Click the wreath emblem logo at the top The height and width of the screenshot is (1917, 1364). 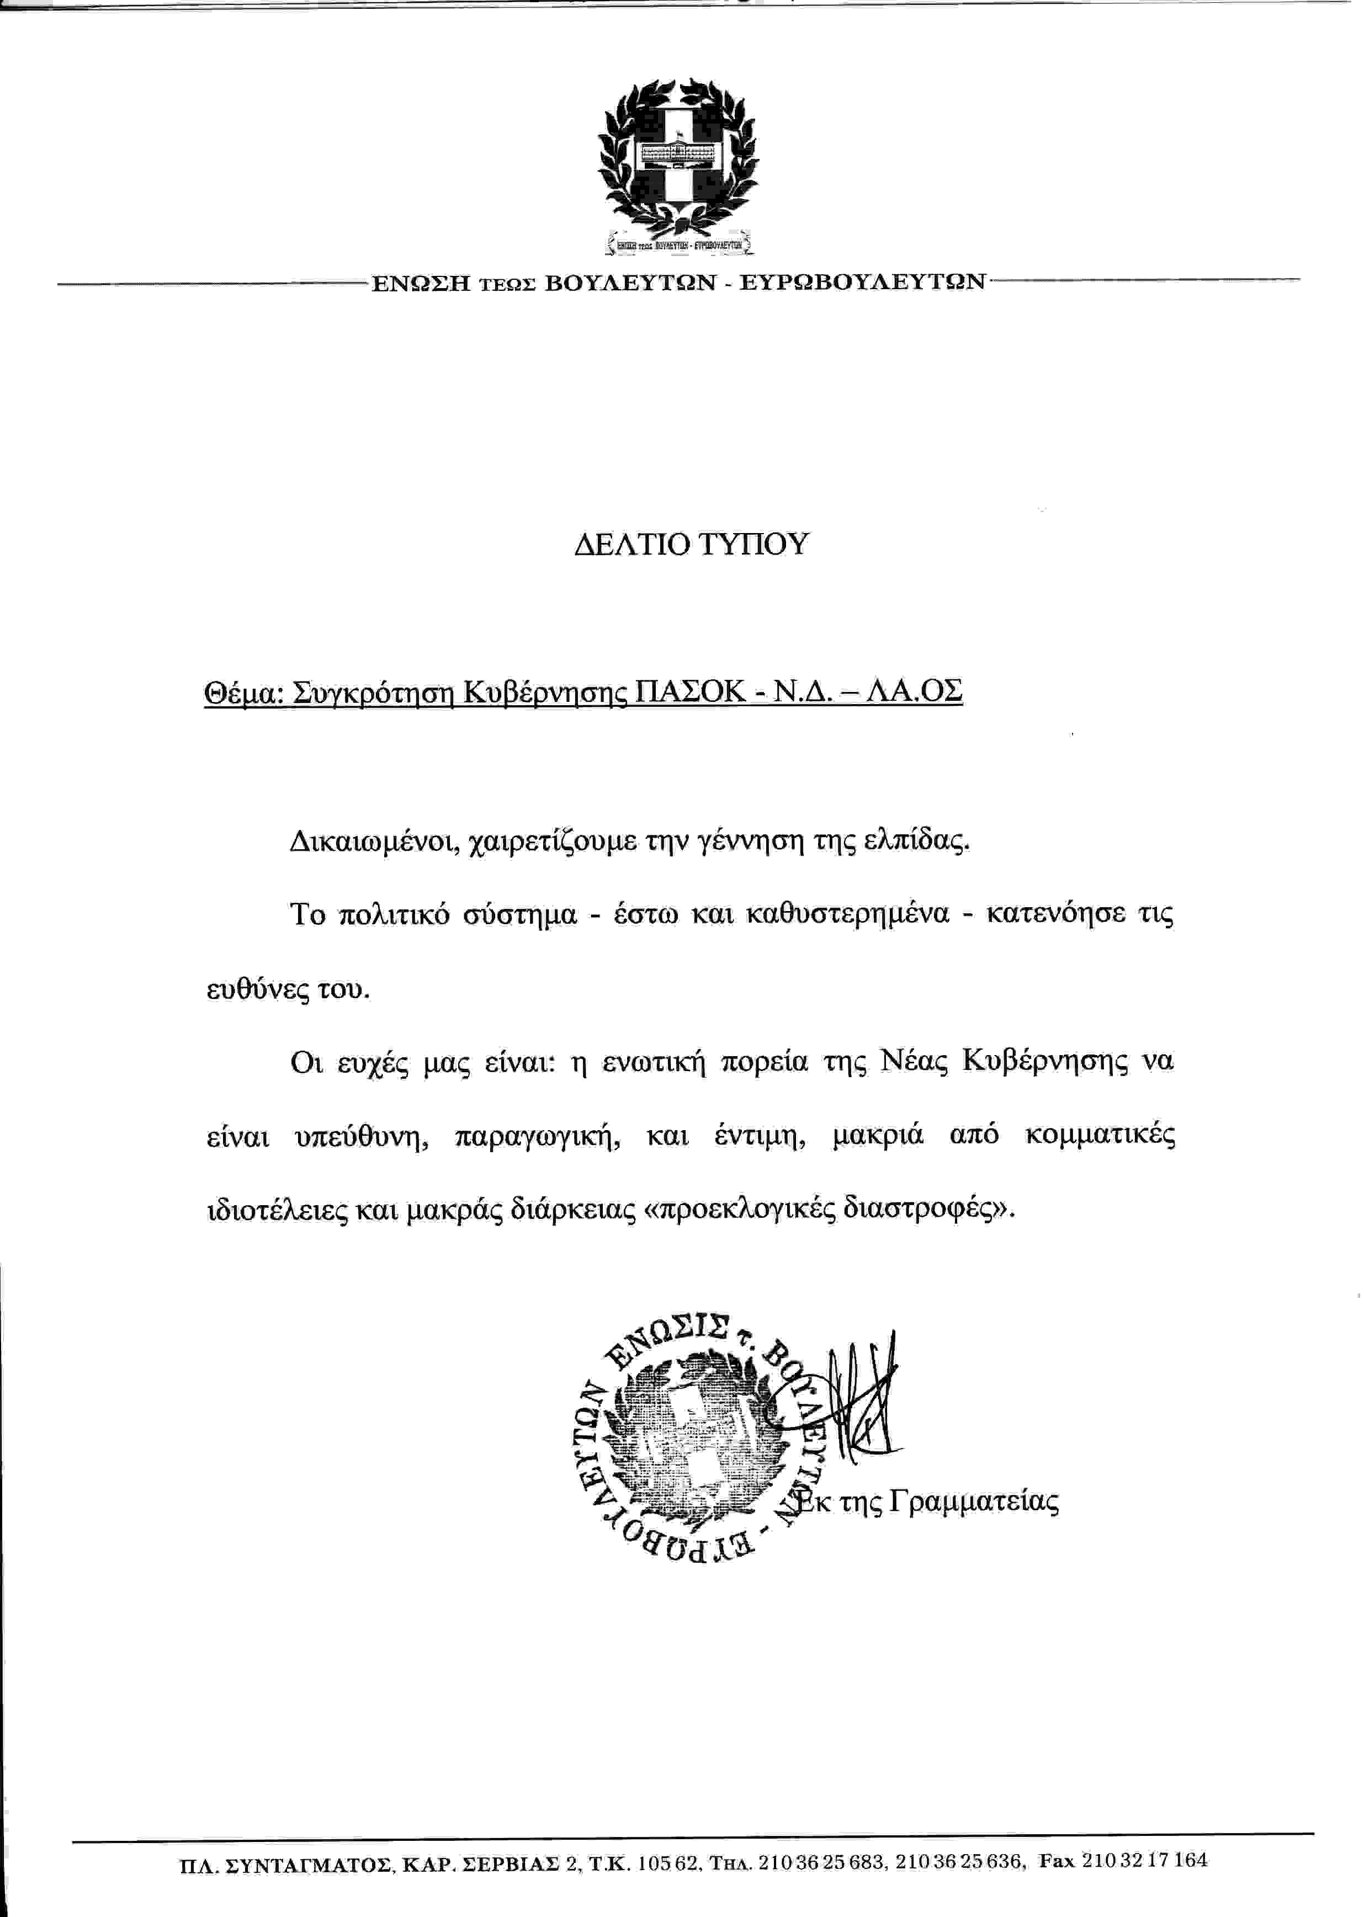point(677,159)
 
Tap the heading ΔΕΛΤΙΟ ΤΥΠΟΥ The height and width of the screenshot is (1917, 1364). point(691,546)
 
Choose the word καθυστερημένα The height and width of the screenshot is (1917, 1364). point(847,914)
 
